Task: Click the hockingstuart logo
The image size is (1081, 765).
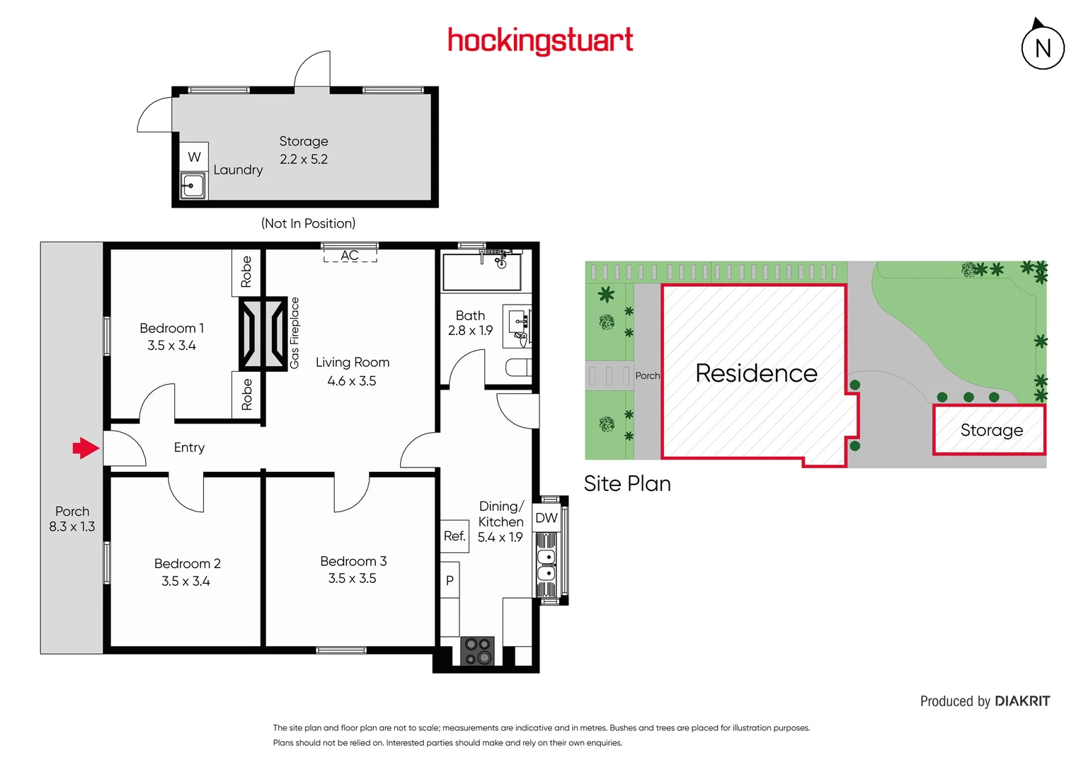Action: pyautogui.click(x=540, y=41)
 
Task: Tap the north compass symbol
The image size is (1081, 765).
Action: pyautogui.click(x=1043, y=47)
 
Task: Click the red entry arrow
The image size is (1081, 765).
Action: pyautogui.click(x=86, y=448)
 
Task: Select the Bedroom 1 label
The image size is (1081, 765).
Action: pyautogui.click(x=171, y=329)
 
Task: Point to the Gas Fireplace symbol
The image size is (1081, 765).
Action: pyautogui.click(x=263, y=334)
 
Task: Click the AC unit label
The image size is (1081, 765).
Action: pyautogui.click(x=350, y=256)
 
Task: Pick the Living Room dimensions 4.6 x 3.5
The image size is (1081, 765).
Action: pyautogui.click(x=352, y=381)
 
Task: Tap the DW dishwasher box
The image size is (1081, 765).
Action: pyautogui.click(x=546, y=518)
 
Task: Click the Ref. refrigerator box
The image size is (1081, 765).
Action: pyautogui.click(x=454, y=536)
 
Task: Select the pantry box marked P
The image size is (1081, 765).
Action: pyautogui.click(x=450, y=580)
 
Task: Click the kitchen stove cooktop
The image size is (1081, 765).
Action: pyautogui.click(x=477, y=651)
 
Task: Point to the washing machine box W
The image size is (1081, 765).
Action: pyautogui.click(x=194, y=157)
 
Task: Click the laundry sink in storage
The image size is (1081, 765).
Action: pyautogui.click(x=193, y=186)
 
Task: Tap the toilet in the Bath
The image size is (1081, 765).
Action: pyautogui.click(x=517, y=367)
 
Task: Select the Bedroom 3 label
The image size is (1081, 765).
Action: pyautogui.click(x=353, y=562)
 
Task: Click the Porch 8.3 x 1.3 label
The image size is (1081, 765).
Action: pyautogui.click(x=72, y=519)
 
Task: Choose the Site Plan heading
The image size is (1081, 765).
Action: pyautogui.click(x=627, y=484)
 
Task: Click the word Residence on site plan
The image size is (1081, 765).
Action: pyautogui.click(x=756, y=373)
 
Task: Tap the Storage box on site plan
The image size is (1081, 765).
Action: pyautogui.click(x=990, y=430)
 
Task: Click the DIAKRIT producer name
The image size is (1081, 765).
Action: pyautogui.click(x=1022, y=701)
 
